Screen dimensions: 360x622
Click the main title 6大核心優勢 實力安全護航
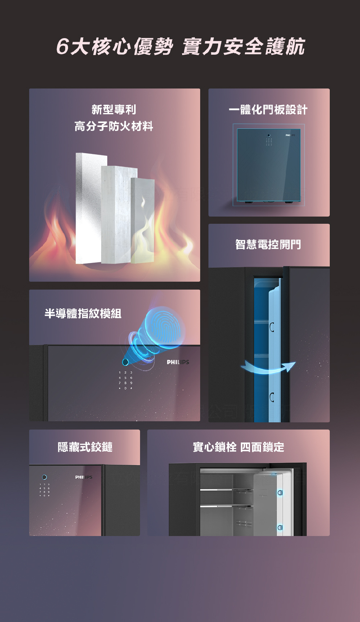click(180, 47)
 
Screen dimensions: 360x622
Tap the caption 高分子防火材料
click(114, 126)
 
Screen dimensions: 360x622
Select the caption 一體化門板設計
click(268, 110)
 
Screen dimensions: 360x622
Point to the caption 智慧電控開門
click(268, 245)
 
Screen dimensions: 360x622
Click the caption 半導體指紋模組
click(83, 313)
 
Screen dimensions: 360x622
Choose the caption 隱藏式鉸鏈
click(85, 447)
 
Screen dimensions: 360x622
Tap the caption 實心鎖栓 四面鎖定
click(238, 447)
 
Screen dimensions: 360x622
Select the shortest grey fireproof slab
click(143, 219)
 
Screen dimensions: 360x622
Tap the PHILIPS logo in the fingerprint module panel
click(178, 362)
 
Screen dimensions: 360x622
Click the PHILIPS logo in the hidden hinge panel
click(84, 477)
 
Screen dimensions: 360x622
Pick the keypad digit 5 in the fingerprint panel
click(125, 378)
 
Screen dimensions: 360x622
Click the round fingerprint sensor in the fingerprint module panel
click(125, 362)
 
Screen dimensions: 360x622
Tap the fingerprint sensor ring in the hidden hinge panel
click(44, 477)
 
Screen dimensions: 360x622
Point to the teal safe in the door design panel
click(268, 165)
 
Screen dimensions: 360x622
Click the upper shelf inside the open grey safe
click(226, 490)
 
